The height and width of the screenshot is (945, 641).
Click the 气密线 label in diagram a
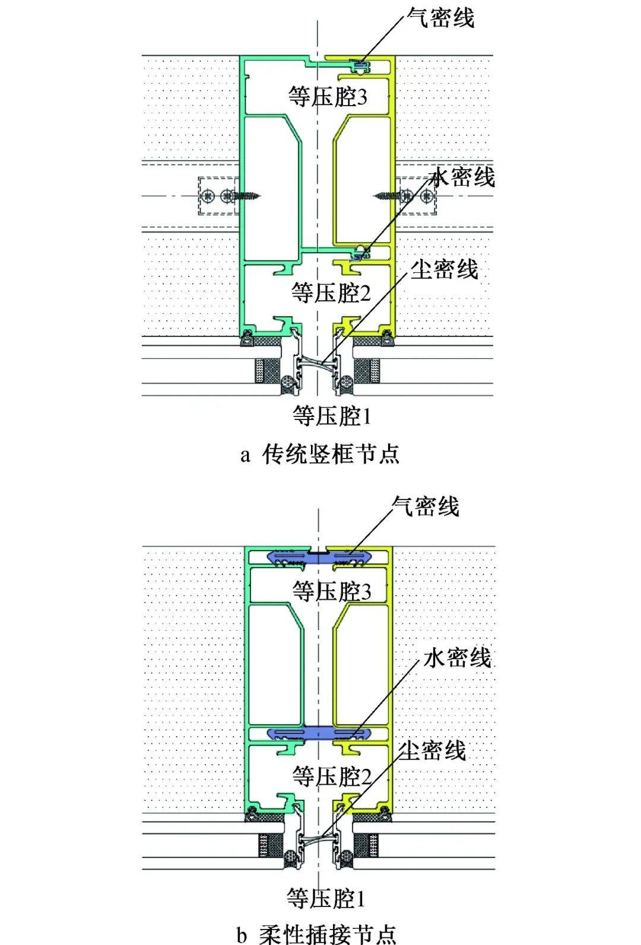point(440,18)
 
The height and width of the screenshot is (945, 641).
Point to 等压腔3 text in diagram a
point(328,96)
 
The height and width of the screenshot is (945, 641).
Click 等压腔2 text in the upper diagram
point(331,292)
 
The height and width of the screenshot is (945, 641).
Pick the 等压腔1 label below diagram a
point(332,416)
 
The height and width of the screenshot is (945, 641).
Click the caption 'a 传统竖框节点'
point(320,454)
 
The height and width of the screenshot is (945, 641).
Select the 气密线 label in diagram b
point(425,507)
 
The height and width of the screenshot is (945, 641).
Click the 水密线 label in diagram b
point(457,657)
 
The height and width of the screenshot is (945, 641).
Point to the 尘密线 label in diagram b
point(432,750)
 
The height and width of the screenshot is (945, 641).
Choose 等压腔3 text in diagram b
point(332,591)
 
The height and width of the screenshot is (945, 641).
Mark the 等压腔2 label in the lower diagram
point(332,776)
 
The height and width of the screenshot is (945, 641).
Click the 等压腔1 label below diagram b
point(326,898)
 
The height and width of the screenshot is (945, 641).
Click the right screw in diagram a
point(389,194)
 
